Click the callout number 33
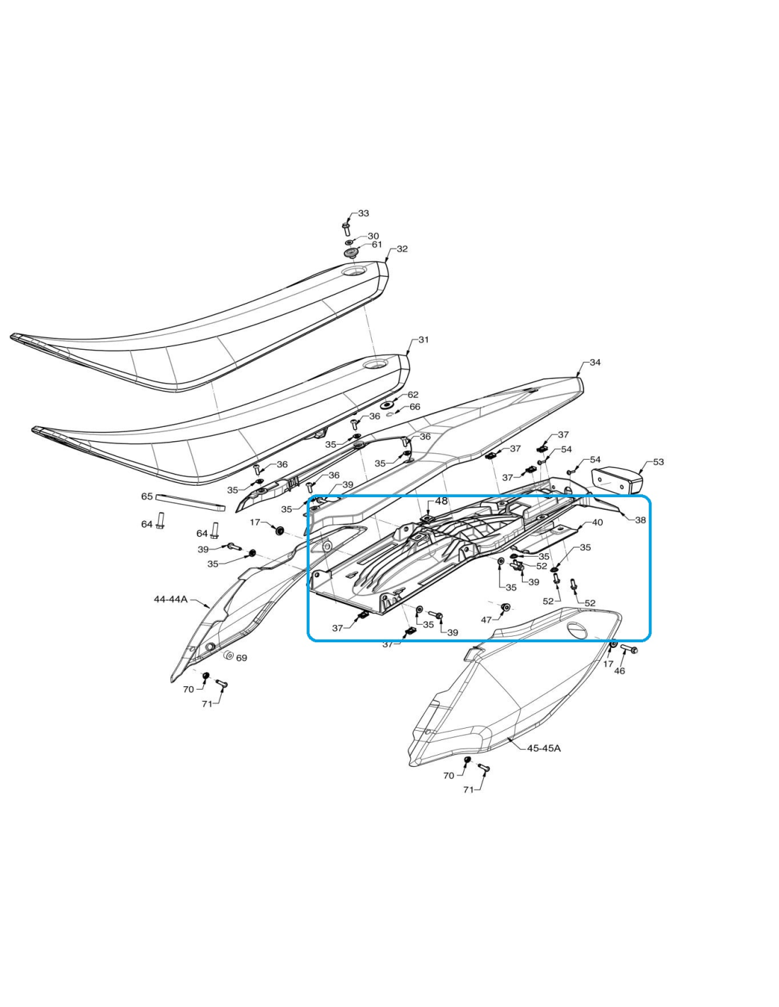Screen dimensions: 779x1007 click(364, 213)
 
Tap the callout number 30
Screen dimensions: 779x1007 click(373, 237)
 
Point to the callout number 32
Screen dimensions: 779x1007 click(402, 249)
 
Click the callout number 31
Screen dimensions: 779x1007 click(423, 340)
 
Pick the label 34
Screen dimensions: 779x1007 click(595, 363)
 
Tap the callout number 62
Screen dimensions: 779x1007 click(412, 395)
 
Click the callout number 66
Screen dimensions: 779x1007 click(414, 407)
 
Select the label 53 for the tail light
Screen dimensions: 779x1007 click(658, 462)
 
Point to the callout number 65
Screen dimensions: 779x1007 click(147, 496)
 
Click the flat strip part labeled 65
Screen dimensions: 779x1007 click(191, 502)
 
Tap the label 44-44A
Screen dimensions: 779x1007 click(171, 599)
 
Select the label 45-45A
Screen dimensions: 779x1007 click(544, 749)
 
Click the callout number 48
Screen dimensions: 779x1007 click(441, 501)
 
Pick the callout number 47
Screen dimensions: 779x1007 click(486, 620)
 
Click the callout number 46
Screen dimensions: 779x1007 click(619, 671)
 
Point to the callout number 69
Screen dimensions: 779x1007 click(242, 658)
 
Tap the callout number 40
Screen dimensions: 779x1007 click(597, 523)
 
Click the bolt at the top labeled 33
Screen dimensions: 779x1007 click(346, 229)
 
